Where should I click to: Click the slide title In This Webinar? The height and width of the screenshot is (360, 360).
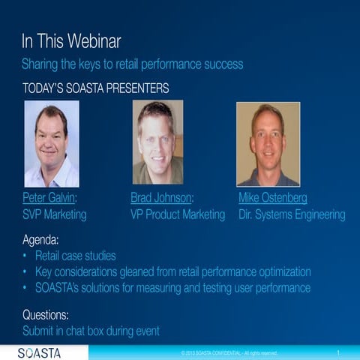coord(71,40)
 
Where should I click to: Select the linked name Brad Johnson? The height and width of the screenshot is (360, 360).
coord(162,199)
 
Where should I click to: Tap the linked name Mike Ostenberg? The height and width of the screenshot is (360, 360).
coord(272,199)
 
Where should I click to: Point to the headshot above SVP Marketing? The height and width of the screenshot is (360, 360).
coord(51,143)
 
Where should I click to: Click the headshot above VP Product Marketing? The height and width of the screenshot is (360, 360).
coord(157,142)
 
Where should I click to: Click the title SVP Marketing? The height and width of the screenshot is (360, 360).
coord(54,215)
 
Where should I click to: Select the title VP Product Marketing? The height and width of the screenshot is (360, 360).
coord(178,215)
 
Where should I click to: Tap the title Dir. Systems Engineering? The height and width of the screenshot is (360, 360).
coord(292,215)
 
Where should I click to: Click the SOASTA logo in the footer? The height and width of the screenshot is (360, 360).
coord(40,352)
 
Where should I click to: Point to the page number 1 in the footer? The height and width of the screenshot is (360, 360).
coord(339,352)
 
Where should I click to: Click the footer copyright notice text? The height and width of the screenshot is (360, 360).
coord(229,353)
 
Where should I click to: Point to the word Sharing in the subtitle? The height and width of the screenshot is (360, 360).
coord(42,64)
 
